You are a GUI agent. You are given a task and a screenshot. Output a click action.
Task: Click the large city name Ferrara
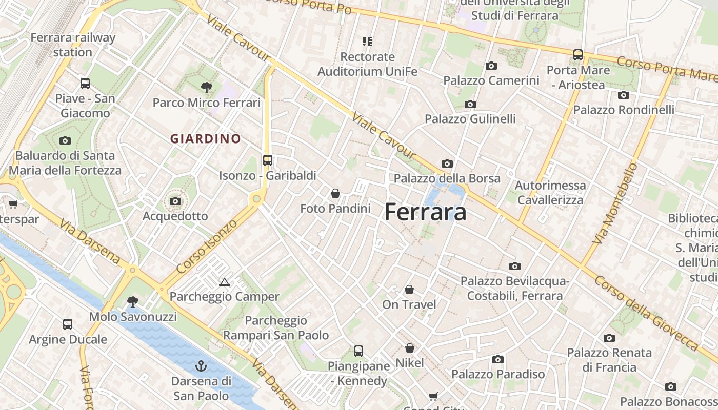pyautogui.click(x=425, y=212)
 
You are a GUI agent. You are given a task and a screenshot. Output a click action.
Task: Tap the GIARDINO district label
pyautogui.click(x=205, y=138)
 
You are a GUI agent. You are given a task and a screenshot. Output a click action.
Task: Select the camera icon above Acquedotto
pyautogui.click(x=175, y=201)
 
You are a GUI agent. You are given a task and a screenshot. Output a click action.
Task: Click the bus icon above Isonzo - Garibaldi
pyautogui.click(x=267, y=160)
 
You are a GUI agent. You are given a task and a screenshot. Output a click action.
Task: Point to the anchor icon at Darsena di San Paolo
pyautogui.click(x=201, y=366)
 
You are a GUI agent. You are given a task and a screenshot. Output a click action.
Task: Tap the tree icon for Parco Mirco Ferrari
pyautogui.click(x=207, y=87)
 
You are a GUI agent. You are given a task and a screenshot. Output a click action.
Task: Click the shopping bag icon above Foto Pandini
pyautogui.click(x=335, y=193)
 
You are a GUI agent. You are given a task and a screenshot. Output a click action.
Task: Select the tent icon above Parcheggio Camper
pyautogui.click(x=224, y=282)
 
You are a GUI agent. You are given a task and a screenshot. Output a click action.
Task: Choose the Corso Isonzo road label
pyautogui.click(x=207, y=246)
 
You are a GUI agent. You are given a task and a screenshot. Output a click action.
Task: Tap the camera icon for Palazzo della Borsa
pyautogui.click(x=447, y=163)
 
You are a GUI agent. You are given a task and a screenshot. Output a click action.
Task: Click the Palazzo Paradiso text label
pyautogui.click(x=497, y=374)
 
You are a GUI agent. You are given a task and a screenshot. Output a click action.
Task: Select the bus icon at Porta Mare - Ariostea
pyautogui.click(x=578, y=55)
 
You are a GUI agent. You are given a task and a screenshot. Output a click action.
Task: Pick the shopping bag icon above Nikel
pyautogui.click(x=409, y=348)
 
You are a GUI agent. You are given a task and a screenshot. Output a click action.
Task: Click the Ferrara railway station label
pyautogui.click(x=73, y=45)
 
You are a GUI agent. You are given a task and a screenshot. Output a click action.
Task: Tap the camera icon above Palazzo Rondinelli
pyautogui.click(x=624, y=95)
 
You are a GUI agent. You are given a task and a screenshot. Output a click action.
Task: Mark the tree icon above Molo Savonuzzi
pyautogui.click(x=133, y=301)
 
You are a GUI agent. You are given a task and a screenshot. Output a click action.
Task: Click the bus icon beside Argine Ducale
pyautogui.click(x=68, y=324)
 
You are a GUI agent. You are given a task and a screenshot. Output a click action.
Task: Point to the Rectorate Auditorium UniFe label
pyautogui.click(x=367, y=64)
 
